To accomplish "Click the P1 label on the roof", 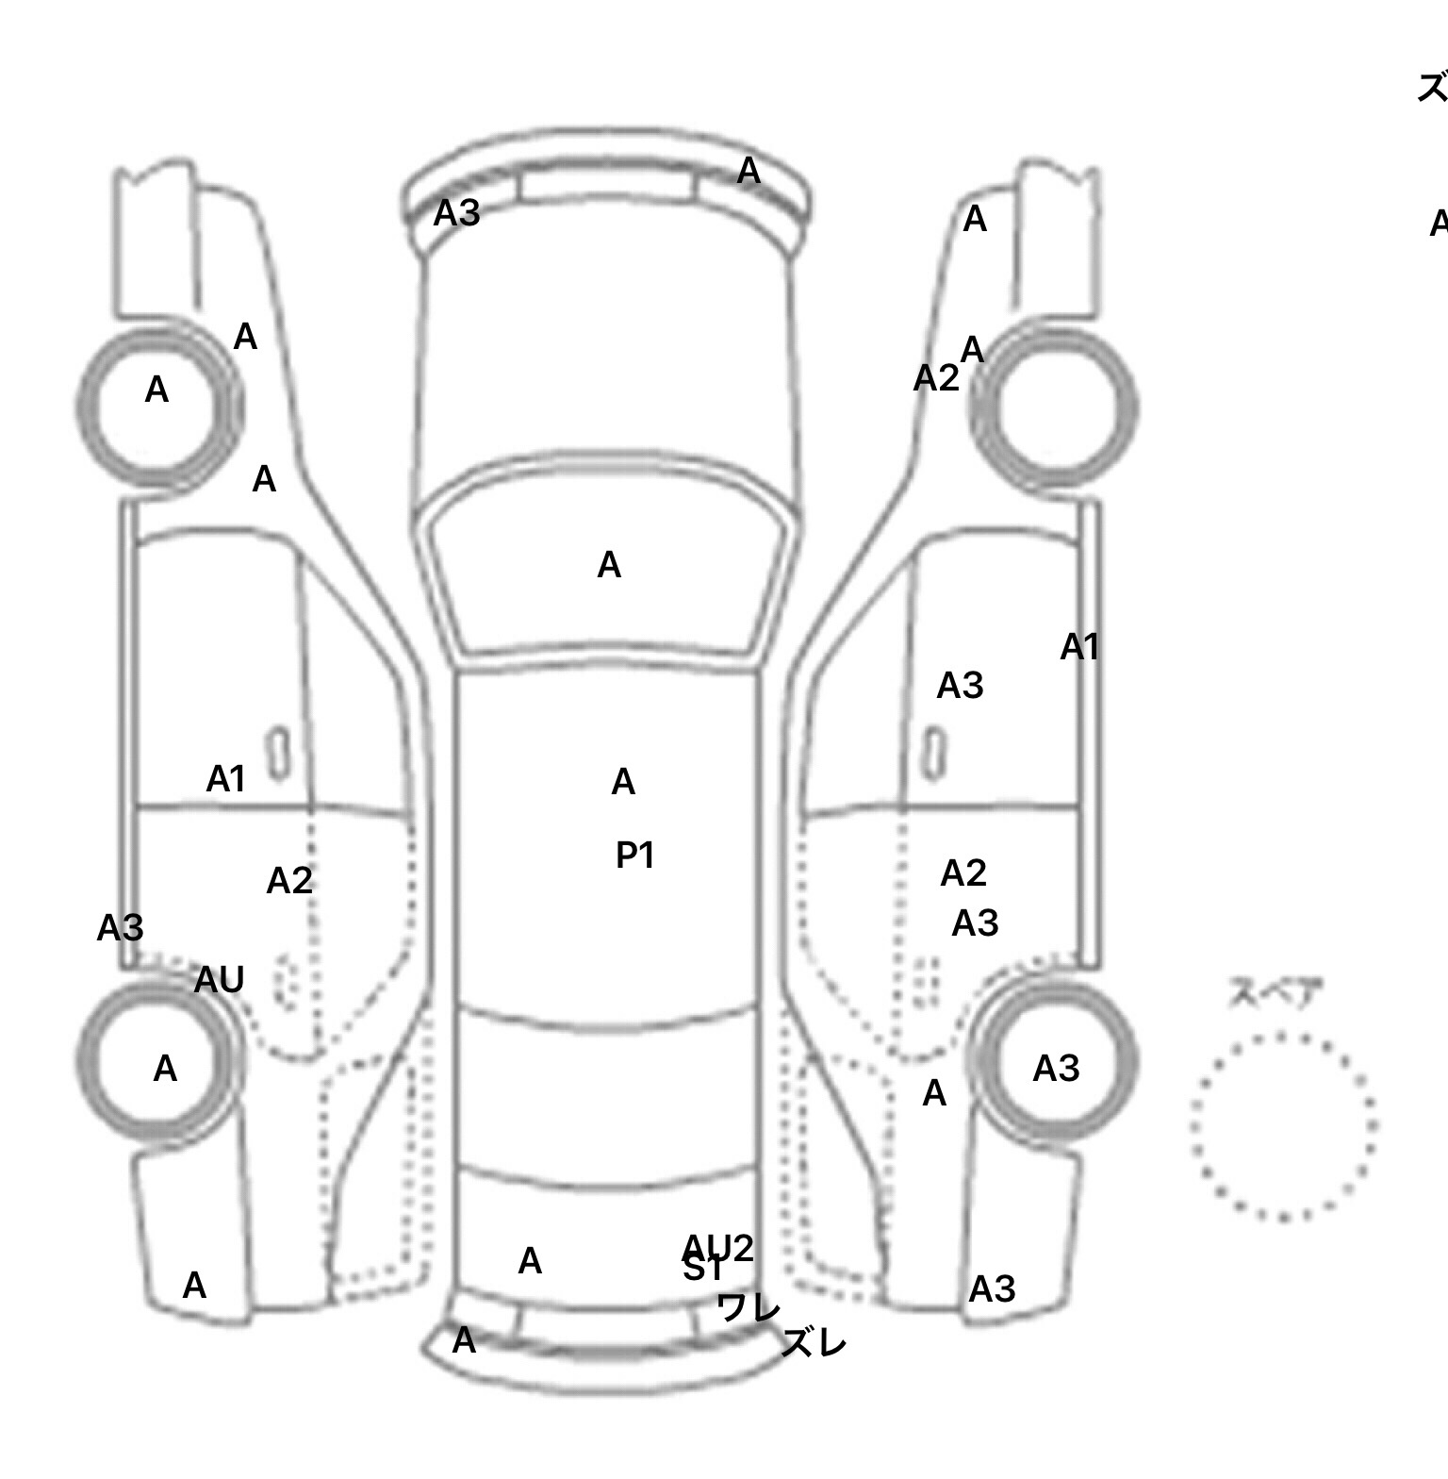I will pos(634,856).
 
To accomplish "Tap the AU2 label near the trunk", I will pos(718,1247).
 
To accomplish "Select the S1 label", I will pos(702,1271).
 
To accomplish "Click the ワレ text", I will pos(749,1307).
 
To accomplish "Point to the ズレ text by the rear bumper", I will pos(814,1343).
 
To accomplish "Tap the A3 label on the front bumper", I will pos(456,214).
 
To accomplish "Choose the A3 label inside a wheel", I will pos(1056,1069).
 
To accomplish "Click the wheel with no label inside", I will pos(1054,407).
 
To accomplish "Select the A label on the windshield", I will pos(609,566).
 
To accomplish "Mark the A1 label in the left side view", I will pos(225,780).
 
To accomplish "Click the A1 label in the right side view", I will pos(1079,648).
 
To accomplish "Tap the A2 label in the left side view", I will pos(288,881).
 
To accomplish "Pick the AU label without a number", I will pos(219,981).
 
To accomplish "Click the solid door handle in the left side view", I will pos(278,754).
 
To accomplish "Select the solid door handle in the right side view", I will pos(933,754).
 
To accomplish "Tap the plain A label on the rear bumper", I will pos(464,1340).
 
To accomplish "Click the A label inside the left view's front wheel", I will pos(156,390).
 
